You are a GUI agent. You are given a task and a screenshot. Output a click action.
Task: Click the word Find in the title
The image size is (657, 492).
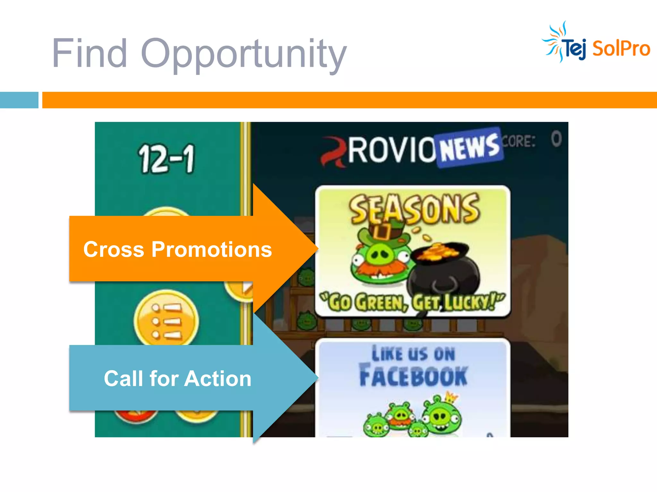coord(90,53)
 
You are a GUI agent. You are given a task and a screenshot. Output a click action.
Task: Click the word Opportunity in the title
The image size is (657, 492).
coord(244,54)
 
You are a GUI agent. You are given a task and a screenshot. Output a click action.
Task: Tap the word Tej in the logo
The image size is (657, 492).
coord(575,49)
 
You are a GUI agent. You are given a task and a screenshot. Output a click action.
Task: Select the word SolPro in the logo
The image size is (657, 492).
coord(621,49)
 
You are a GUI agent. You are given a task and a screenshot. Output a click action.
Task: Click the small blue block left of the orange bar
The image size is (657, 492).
coord(19,100)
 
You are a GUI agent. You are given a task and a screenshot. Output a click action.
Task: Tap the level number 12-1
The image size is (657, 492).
coord(166,159)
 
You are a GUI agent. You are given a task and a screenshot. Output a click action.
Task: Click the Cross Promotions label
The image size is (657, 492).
coord(177,249)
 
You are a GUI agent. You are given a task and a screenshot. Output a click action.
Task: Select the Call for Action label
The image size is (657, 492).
coord(177,379)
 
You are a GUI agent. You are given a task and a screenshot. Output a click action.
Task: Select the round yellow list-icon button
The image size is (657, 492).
coord(166,320)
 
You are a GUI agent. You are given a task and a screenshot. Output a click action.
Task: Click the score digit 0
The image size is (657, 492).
coord(556,139)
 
